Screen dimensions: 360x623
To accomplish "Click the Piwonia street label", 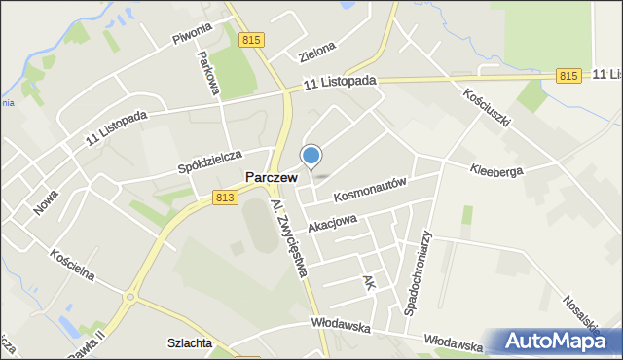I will (192, 39).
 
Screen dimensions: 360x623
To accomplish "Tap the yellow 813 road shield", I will (226, 198).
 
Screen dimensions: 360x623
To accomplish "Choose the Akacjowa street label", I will (332, 223).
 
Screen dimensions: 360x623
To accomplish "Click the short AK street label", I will (368, 283).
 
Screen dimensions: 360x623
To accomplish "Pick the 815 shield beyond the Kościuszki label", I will (569, 75).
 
